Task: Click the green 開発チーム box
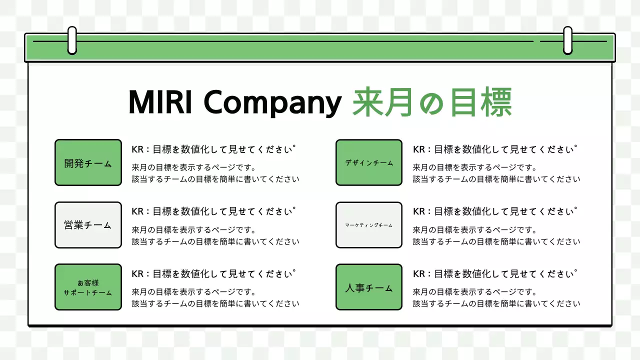(88, 162)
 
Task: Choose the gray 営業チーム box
(88, 225)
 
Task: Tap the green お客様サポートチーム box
(88, 287)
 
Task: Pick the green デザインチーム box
(369, 162)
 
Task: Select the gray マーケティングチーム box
(369, 225)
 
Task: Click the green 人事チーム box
(369, 287)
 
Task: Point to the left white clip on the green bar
(72, 40)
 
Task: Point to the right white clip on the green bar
(567, 40)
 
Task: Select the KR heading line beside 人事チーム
(494, 273)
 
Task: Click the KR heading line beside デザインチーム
(494, 149)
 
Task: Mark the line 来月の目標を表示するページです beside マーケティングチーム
(474, 230)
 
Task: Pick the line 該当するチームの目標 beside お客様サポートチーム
(215, 303)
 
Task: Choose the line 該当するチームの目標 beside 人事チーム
(496, 303)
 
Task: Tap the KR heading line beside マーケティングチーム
(494, 211)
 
